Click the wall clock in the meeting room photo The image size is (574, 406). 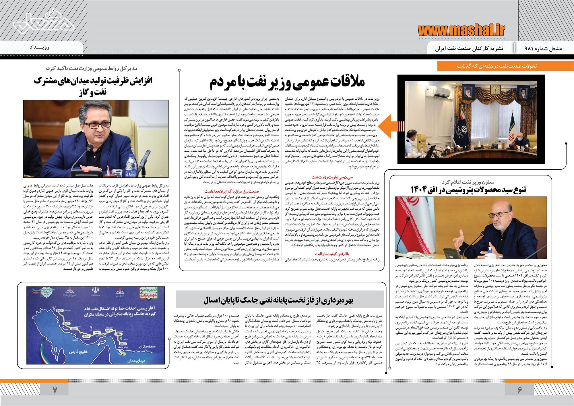494,89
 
